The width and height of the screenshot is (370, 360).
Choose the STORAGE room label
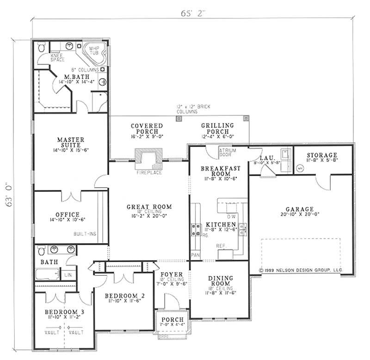(x=322, y=155)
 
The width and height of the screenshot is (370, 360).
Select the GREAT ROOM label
(x=142, y=207)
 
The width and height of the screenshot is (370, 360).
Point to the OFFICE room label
(x=68, y=214)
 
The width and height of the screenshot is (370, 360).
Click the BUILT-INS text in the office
(x=85, y=234)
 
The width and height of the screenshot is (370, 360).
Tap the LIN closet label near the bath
(x=68, y=275)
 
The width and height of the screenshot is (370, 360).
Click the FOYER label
(x=172, y=275)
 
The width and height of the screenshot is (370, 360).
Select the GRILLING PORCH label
(x=217, y=128)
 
